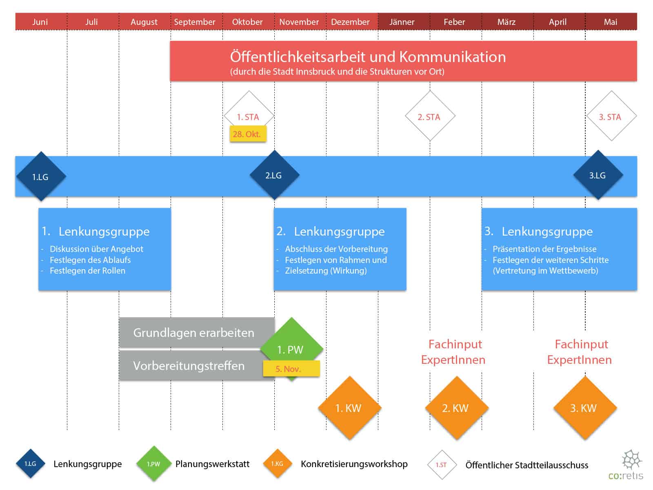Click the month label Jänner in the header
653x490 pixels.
click(402, 22)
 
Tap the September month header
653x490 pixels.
click(195, 22)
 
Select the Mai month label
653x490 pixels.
click(610, 22)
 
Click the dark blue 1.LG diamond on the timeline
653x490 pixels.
click(41, 176)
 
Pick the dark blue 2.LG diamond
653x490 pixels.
click(274, 175)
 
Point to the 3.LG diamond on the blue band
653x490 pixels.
click(598, 175)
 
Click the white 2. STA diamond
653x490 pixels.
click(430, 116)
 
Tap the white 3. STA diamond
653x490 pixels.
click(611, 116)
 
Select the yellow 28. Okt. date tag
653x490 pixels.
click(247, 134)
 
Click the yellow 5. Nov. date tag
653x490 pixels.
click(291, 369)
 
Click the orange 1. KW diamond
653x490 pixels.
click(349, 408)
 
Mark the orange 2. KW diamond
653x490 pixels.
click(456, 408)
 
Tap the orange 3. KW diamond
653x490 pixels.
click(584, 408)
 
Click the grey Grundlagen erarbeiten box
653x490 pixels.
click(194, 333)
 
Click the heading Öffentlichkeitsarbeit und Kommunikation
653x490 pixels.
click(368, 57)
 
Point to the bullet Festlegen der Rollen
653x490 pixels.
click(87, 271)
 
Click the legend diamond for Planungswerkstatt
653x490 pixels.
click(153, 464)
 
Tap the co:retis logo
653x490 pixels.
click(626, 465)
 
